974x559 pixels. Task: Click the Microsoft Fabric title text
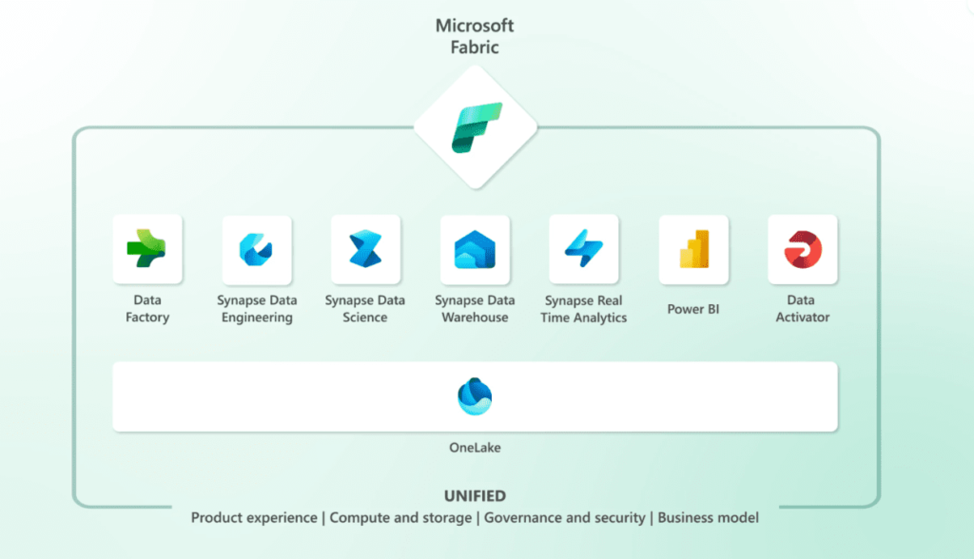(x=475, y=36)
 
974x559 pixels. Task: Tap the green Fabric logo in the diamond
(x=477, y=128)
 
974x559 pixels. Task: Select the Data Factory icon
(x=146, y=248)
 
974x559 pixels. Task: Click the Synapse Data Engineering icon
(x=256, y=250)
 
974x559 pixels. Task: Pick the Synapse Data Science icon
(x=365, y=248)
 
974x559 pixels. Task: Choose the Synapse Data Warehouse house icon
(x=475, y=249)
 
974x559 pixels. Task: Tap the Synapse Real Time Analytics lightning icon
(x=584, y=248)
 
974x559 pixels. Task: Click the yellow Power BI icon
(x=693, y=249)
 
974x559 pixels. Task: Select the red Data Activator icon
(x=803, y=249)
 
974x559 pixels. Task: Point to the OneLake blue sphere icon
(x=475, y=396)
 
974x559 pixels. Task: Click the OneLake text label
(x=475, y=447)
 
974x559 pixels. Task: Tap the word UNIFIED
(x=475, y=495)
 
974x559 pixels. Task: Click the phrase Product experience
(x=254, y=518)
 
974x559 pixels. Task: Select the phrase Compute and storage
(x=400, y=518)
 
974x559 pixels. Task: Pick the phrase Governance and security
(x=565, y=518)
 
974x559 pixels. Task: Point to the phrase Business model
(x=708, y=518)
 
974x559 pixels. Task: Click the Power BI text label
(x=693, y=309)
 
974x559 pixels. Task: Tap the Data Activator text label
(x=802, y=309)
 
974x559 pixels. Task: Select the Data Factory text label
(x=147, y=309)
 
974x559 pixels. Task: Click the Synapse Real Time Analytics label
(x=583, y=309)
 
